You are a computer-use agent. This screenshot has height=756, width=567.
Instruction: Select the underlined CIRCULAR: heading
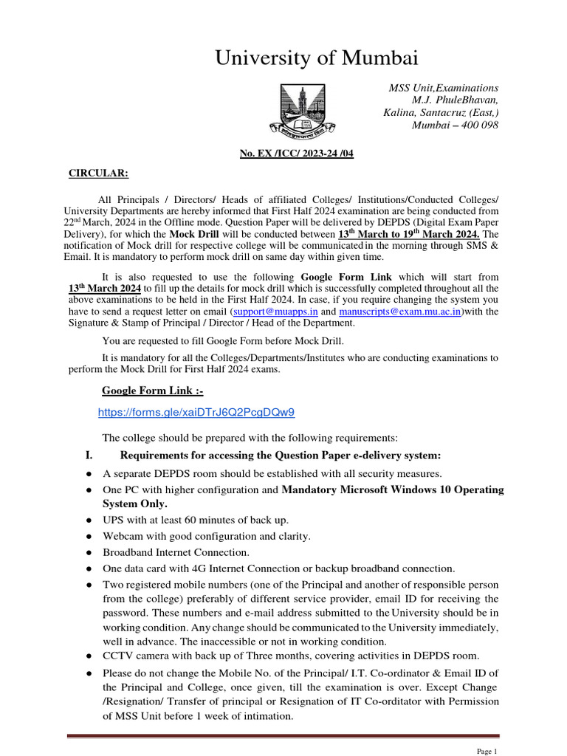98,173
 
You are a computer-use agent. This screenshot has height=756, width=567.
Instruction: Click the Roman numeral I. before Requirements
89,455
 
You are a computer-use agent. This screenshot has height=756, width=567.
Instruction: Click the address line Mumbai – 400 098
455,125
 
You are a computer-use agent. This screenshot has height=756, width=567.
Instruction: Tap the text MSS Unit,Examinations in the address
443,87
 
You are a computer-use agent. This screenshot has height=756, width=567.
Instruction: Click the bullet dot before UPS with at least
89,521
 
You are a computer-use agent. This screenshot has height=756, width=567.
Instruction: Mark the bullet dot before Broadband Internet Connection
89,553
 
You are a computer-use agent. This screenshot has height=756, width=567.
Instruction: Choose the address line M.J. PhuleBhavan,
455,100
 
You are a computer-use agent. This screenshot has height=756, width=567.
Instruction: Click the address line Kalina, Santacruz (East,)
441,112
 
